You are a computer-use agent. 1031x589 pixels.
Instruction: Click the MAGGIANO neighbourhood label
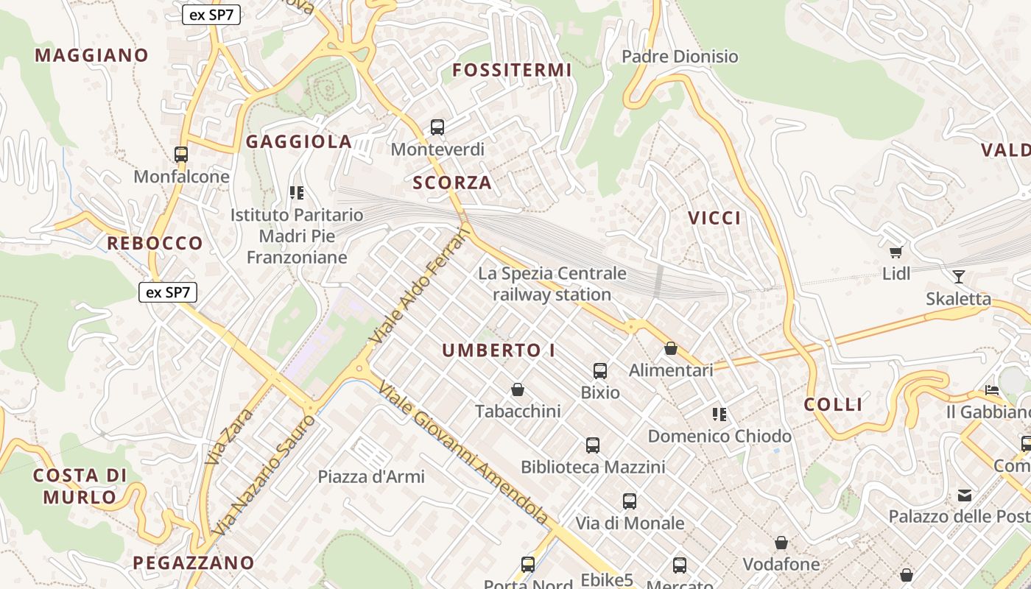pos(91,55)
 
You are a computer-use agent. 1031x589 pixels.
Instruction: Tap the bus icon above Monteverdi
pos(437,127)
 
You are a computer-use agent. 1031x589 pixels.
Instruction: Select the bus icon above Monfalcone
pos(181,155)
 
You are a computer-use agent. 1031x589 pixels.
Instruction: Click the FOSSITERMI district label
pos(512,70)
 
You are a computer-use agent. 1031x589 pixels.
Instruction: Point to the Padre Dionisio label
pos(680,57)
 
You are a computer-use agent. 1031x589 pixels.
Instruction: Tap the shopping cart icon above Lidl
pos(896,253)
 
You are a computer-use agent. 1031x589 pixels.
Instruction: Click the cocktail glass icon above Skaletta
pos(958,277)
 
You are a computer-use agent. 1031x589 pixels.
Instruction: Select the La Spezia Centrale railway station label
pos(552,284)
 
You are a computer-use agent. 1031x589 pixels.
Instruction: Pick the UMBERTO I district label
pos(499,350)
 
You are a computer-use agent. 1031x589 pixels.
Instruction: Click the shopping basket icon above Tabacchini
pos(518,389)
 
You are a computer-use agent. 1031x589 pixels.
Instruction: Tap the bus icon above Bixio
pos(600,370)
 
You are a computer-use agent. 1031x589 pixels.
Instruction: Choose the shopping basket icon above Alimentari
pos(671,348)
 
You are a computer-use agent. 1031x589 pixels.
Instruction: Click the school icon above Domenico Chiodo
pos(719,415)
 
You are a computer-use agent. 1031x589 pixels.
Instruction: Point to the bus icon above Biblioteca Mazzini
pos(593,445)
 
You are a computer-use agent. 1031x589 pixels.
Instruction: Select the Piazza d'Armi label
pos(371,476)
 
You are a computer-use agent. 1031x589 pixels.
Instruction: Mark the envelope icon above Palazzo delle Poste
pos(965,495)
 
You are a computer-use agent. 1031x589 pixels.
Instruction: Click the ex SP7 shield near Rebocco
pos(168,292)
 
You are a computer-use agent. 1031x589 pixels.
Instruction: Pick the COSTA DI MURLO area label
pos(80,486)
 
